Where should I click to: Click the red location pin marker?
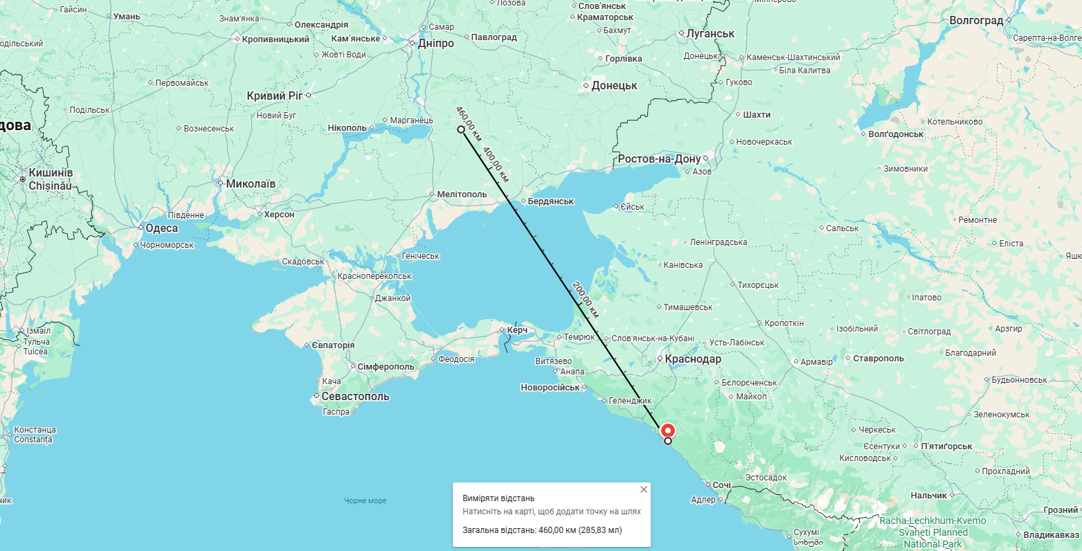click(x=668, y=429)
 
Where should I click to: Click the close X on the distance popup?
click(x=644, y=489)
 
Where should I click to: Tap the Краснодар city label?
click(x=692, y=359)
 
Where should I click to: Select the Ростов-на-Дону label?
click(x=659, y=159)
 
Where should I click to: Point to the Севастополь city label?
click(x=355, y=397)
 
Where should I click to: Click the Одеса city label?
click(x=161, y=228)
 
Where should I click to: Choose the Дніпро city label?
click(x=436, y=44)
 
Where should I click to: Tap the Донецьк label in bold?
click(x=614, y=86)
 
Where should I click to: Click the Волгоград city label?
click(x=976, y=21)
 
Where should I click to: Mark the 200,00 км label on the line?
click(x=586, y=299)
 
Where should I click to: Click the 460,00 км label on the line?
click(x=468, y=119)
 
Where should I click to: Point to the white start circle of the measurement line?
click(x=461, y=129)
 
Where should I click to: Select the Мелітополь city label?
click(x=462, y=195)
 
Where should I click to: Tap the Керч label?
click(x=517, y=330)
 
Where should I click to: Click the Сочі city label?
click(x=721, y=485)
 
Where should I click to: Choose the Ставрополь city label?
click(x=878, y=359)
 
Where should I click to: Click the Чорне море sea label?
click(x=366, y=500)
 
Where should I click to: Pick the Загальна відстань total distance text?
click(x=542, y=530)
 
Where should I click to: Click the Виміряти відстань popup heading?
click(x=498, y=498)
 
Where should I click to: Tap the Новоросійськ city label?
click(x=550, y=388)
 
